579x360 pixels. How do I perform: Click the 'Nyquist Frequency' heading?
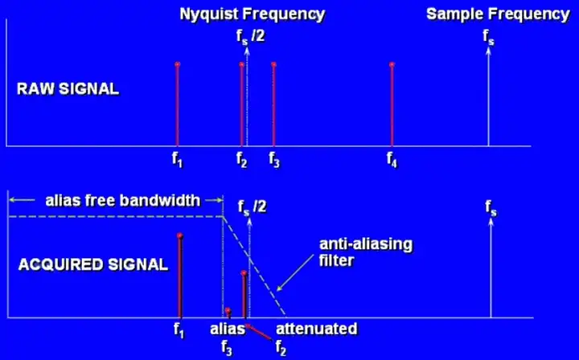pos(252,14)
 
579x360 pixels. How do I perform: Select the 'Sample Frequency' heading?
pos(497,14)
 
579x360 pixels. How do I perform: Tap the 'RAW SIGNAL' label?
pos(68,88)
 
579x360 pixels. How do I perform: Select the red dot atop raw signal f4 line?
pos(392,64)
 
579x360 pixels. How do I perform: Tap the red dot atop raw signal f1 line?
pos(177,64)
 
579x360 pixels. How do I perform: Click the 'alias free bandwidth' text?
pos(123,200)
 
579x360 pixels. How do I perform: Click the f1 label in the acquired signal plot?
pos(179,329)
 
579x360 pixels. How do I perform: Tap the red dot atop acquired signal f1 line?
pos(179,235)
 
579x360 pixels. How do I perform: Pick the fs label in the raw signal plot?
pos(488,37)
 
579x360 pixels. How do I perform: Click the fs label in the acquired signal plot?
pos(491,209)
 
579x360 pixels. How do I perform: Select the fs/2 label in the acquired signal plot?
pos(253,208)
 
